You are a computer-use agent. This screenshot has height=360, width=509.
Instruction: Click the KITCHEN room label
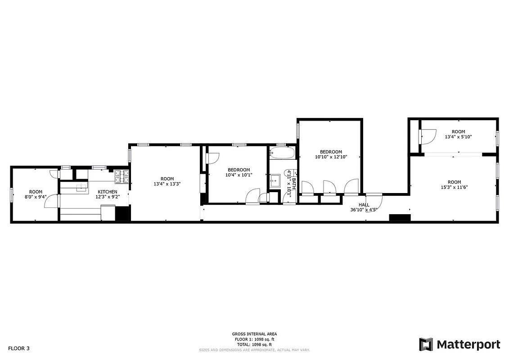pos(107,192)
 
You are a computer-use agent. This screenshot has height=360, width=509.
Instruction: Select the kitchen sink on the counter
pos(82,187)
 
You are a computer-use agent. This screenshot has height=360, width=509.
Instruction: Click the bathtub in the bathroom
pos(282,153)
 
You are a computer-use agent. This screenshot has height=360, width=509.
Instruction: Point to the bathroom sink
pos(275,181)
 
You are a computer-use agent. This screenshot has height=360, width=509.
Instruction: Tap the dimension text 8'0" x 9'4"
pos(36,197)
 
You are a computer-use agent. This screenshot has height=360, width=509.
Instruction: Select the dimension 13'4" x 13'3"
pos(167,184)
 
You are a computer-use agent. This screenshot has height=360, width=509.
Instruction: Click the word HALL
pos(364,205)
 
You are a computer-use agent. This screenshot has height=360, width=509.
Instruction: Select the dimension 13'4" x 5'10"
pos(458,137)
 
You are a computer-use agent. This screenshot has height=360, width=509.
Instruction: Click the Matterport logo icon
pos(426,344)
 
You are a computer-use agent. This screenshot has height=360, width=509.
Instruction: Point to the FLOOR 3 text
pos(19,348)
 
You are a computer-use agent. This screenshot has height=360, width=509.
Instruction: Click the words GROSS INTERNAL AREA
pos(254,334)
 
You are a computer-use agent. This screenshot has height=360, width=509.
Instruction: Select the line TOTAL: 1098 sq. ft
pos(254,344)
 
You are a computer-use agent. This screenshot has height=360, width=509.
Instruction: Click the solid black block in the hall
pos(400,218)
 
